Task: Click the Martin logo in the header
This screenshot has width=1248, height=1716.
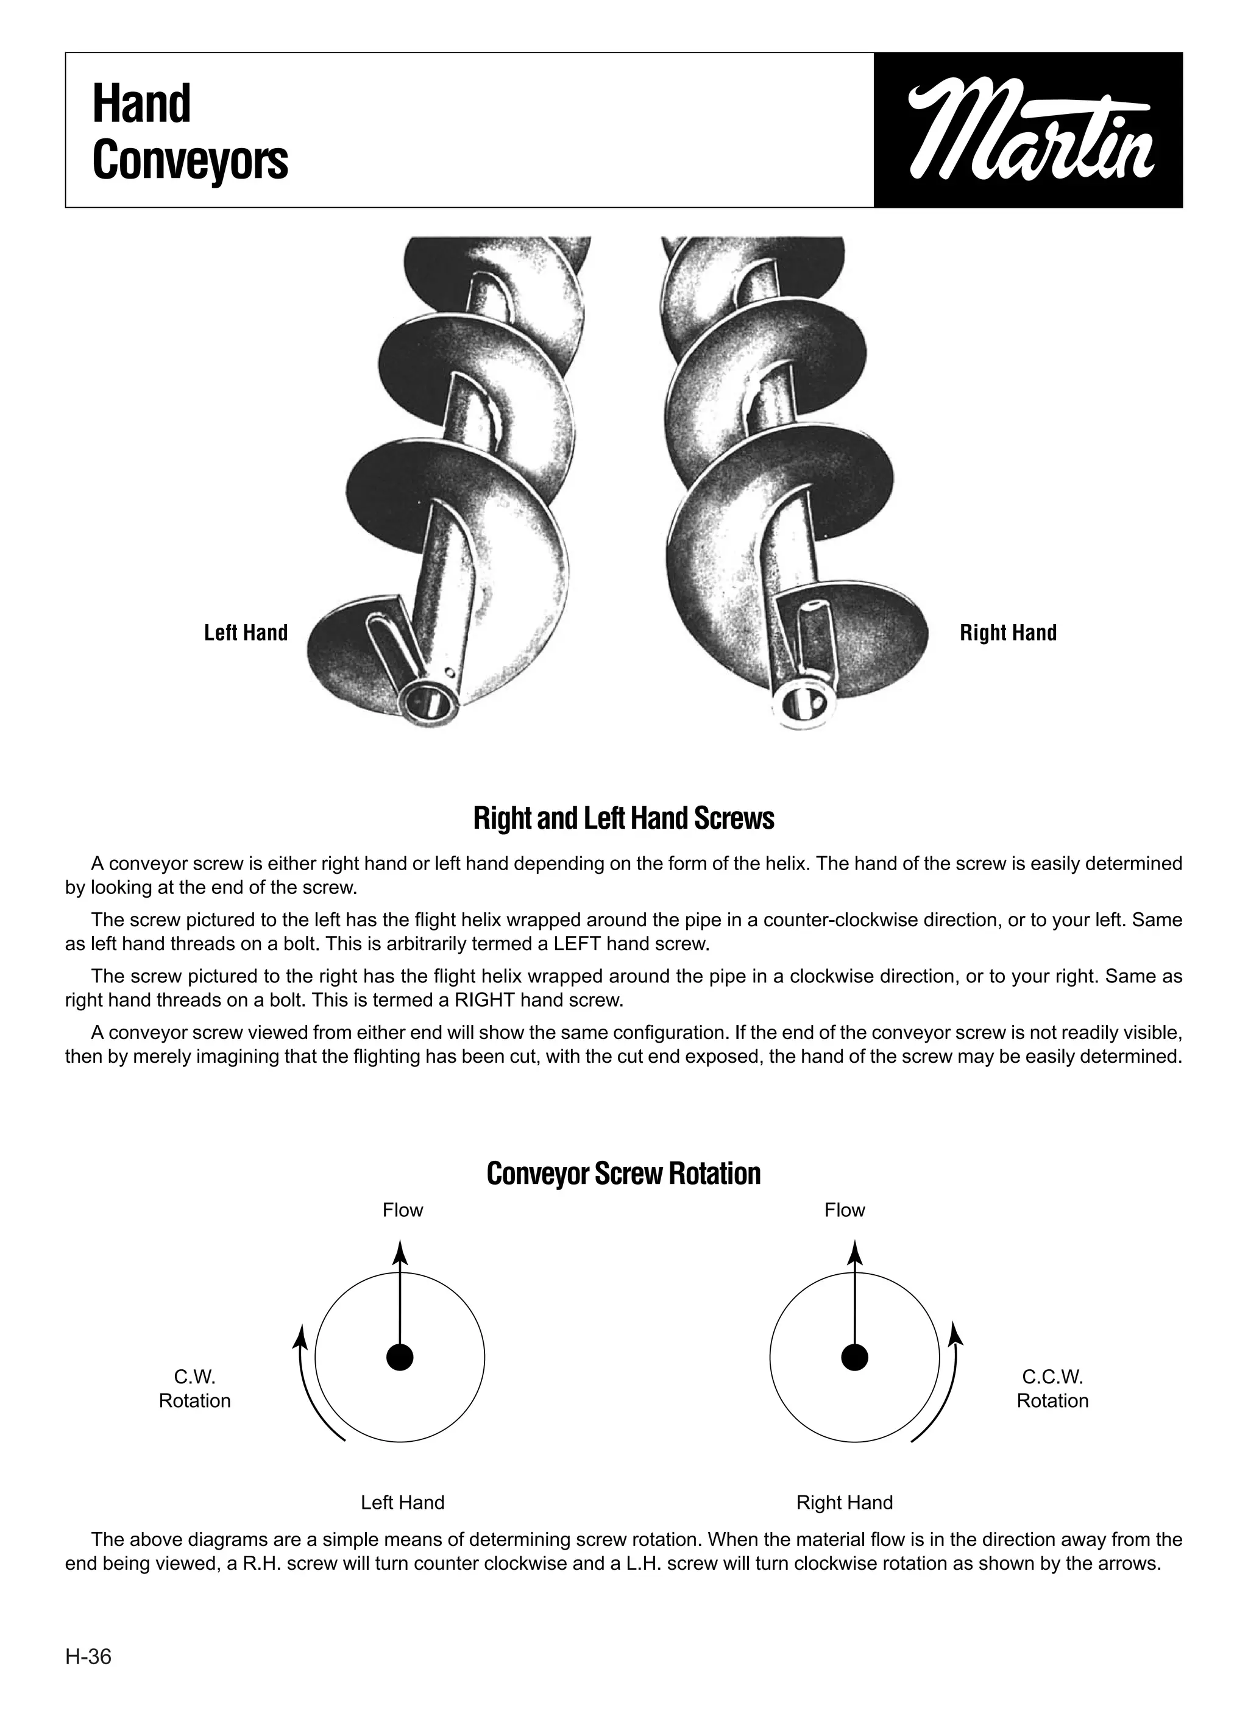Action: coord(1028,130)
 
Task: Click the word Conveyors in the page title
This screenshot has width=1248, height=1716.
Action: coord(190,160)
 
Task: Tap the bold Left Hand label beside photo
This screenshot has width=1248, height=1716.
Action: coord(246,633)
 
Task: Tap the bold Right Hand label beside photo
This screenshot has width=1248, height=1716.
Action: coord(1008,633)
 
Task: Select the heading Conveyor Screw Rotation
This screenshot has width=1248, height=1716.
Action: coord(623,1174)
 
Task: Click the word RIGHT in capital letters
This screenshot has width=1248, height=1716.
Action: coord(479,1000)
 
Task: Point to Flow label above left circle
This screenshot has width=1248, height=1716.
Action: coord(403,1211)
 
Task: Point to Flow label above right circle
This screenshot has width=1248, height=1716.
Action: coord(845,1211)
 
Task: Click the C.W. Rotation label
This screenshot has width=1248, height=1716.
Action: coord(194,1388)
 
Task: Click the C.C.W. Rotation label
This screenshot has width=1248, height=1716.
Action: coord(1052,1388)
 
